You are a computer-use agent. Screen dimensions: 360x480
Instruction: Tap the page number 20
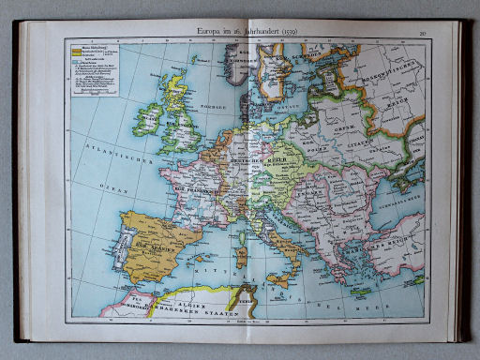tap(423, 31)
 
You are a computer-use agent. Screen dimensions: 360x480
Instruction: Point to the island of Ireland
tap(148, 120)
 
